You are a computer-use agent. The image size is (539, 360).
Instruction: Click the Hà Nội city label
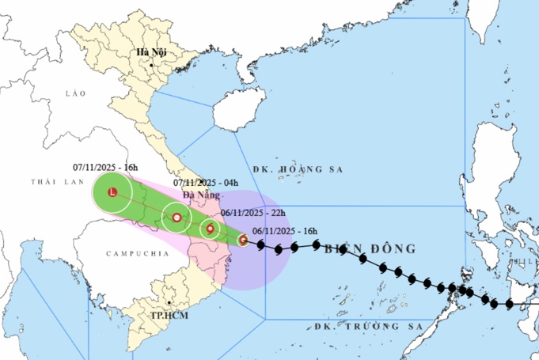point(150,53)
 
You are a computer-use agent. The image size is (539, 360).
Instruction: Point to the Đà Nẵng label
point(198,195)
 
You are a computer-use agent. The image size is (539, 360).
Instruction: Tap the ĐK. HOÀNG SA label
point(287,169)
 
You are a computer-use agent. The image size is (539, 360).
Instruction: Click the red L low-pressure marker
point(112,192)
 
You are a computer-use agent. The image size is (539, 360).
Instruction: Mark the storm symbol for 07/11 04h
point(177,218)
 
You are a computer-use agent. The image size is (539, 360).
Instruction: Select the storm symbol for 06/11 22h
point(211,229)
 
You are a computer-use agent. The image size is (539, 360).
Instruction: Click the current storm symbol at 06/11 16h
point(242,239)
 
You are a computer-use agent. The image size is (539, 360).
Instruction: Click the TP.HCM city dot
point(170,303)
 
